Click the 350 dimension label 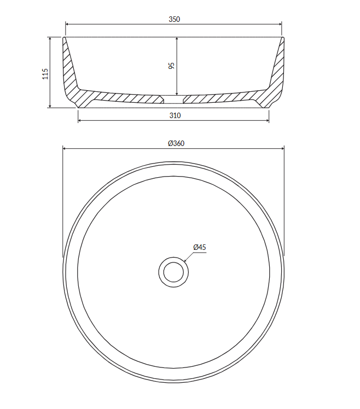[174, 19]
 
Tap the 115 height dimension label [45, 74]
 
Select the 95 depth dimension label [171, 66]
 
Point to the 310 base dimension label [175, 115]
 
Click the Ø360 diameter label [176, 143]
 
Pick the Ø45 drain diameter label [200, 247]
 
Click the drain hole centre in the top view [173, 272]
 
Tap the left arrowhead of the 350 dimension [67, 24]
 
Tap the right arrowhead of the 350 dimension [280, 24]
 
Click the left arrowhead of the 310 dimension [80, 120]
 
